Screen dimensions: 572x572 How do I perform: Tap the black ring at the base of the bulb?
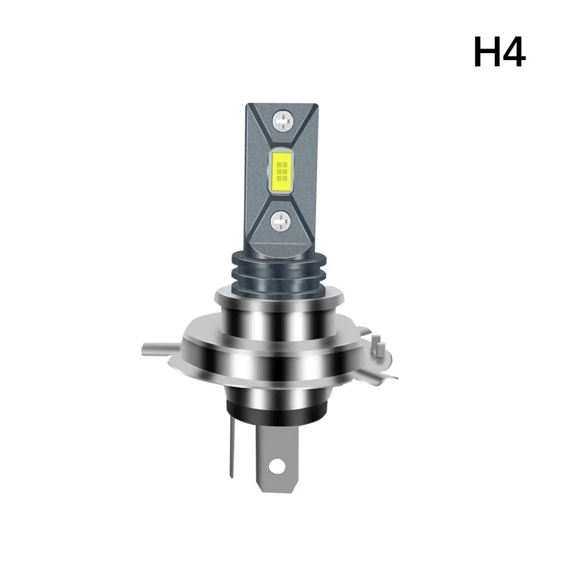(x=276, y=407)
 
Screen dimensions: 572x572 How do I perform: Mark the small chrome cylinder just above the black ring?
(x=276, y=389)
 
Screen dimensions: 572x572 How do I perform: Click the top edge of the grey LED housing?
(x=281, y=105)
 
